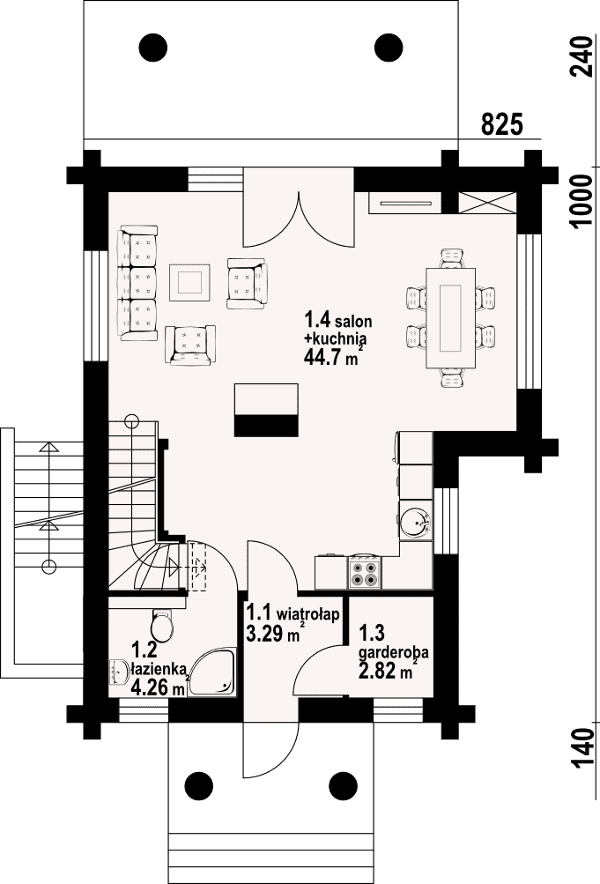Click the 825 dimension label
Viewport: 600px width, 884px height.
[x=502, y=124]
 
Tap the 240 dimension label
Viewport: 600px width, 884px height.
[x=581, y=56]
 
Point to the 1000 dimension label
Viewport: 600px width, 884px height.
[x=581, y=200]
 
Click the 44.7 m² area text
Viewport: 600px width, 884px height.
[x=332, y=357]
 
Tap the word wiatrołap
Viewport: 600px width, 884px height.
[x=308, y=613]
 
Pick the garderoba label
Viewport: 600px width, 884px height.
[x=394, y=652]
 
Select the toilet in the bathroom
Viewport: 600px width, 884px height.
[x=163, y=625]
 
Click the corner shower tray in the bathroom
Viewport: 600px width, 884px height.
[x=211, y=672]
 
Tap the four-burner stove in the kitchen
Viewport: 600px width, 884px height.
[x=365, y=572]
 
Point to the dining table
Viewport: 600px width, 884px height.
[x=451, y=317]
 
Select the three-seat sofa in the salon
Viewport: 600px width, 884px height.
[x=137, y=283]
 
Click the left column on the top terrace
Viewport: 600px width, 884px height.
[x=152, y=48]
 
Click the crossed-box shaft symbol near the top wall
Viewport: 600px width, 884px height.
[x=487, y=203]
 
